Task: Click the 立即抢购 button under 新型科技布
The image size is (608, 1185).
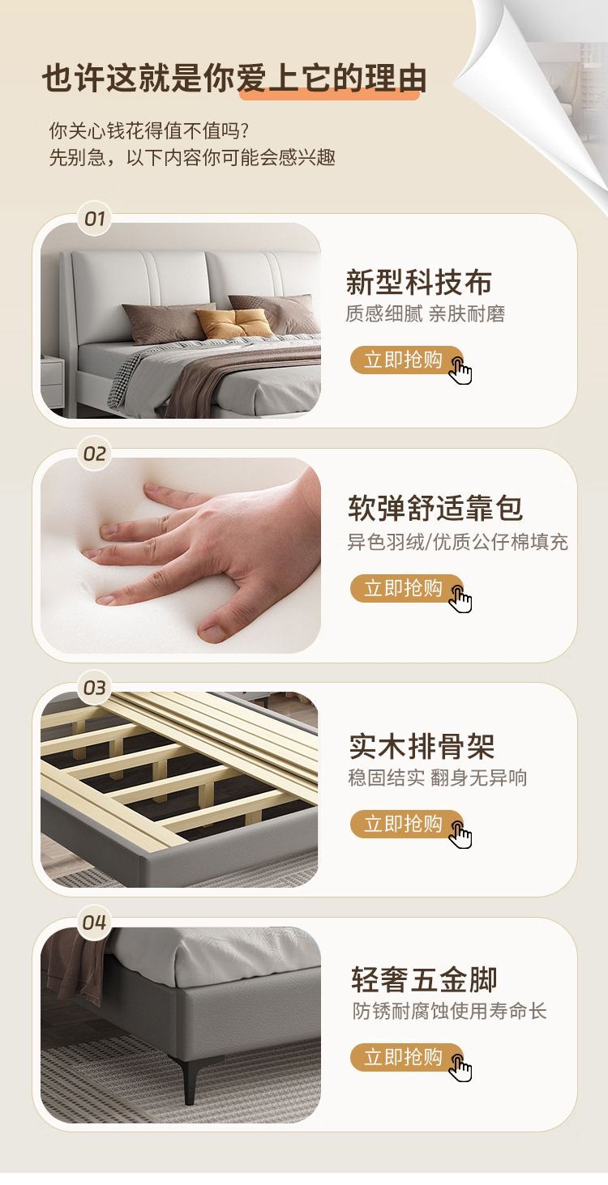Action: pos(407,360)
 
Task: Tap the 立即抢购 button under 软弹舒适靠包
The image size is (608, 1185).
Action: pos(407,588)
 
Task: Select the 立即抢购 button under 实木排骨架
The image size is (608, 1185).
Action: pos(407,824)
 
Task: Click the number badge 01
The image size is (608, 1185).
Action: pos(95,219)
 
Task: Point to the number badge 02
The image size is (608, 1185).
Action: pos(95,454)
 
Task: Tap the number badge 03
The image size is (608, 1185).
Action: pos(95,688)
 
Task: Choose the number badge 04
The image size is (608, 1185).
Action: pos(95,923)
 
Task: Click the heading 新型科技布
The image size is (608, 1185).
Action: pos(419,281)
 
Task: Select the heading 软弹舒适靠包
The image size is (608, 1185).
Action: pos(435,509)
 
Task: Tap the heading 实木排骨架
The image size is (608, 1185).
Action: pos(422,746)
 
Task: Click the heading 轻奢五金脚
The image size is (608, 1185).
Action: pos(424,980)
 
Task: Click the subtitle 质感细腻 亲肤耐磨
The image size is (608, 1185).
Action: pos(426,313)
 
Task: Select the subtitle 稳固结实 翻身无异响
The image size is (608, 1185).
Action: pos(438,778)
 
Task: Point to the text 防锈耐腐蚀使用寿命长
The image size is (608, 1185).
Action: pos(450,1011)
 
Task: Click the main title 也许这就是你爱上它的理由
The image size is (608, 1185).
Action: pos(234,79)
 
